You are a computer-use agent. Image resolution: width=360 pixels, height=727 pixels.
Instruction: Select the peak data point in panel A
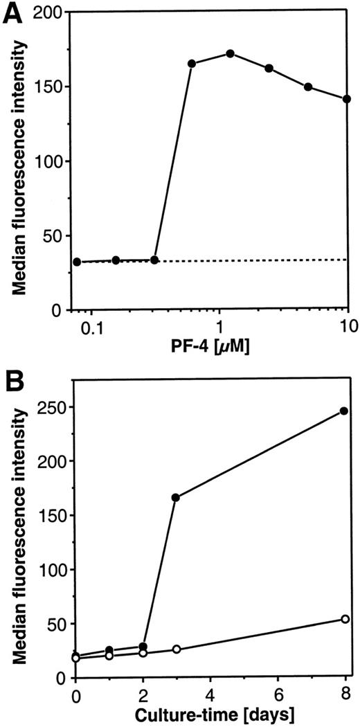point(231,53)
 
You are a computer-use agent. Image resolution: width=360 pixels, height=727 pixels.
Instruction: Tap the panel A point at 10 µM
point(347,98)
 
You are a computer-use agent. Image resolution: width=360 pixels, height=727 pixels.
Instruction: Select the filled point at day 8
point(344,411)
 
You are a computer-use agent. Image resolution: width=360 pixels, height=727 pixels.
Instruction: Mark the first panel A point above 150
point(192,64)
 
